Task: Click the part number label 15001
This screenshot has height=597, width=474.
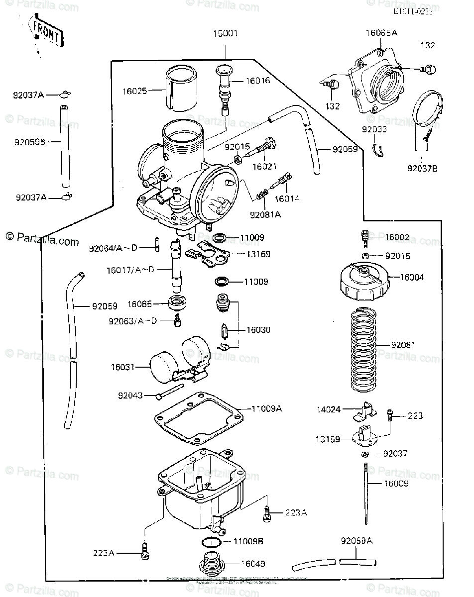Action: click(226, 34)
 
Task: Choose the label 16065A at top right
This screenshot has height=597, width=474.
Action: click(381, 33)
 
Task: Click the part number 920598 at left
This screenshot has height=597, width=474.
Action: click(29, 142)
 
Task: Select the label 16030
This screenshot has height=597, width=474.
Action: click(257, 330)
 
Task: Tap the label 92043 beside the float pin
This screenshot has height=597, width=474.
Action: click(130, 396)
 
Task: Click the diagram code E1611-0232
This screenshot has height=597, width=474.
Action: click(412, 12)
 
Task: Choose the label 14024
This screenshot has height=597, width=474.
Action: click(329, 410)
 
